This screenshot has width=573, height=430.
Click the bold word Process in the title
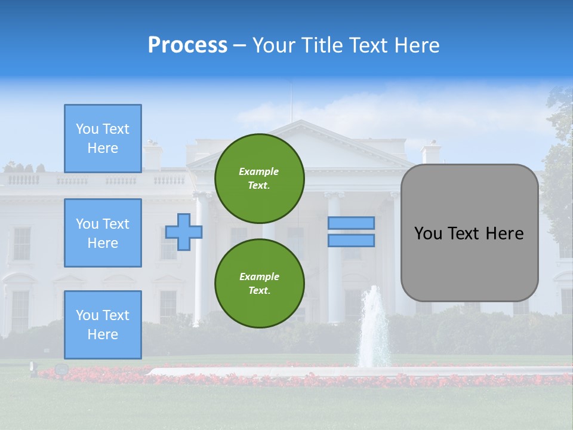(x=187, y=45)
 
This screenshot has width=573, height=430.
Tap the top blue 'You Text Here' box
(x=103, y=139)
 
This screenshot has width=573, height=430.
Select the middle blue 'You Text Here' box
(x=103, y=233)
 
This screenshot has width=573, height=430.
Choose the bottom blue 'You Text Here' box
(x=103, y=325)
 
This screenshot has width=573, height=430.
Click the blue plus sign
(x=184, y=232)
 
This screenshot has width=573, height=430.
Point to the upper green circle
(x=259, y=179)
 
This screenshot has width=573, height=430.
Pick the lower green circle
(x=259, y=284)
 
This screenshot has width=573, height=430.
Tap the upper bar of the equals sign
(x=351, y=223)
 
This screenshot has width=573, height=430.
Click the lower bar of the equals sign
(x=351, y=241)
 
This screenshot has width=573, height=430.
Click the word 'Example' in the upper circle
(x=259, y=172)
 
